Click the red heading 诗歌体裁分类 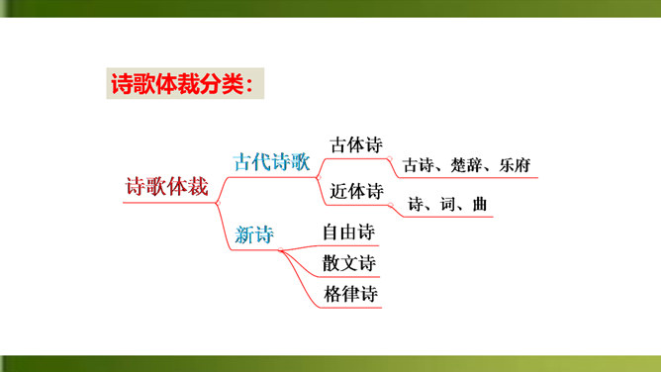point(178,84)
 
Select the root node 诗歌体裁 point(167,187)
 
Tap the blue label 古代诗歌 point(272,162)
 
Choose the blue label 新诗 point(254,234)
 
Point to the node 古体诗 point(356,144)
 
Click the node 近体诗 point(356,191)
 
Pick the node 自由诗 point(348,232)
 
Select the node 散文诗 point(349,263)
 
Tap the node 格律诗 point(350,294)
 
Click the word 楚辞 point(466,165)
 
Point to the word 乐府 point(515,165)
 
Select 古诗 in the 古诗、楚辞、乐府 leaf point(419,165)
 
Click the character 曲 point(480,205)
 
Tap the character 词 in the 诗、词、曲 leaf point(447,205)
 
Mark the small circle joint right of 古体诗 point(390,159)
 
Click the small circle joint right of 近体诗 point(390,205)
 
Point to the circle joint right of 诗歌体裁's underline point(218,203)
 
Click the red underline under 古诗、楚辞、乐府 point(468,178)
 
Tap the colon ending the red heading point(249,85)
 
